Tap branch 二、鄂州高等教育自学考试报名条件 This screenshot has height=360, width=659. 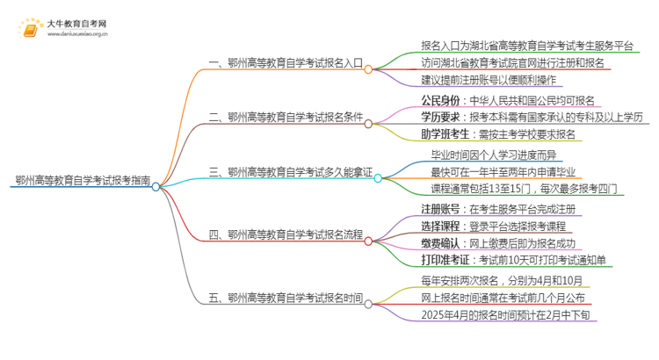pyautogui.click(x=288, y=116)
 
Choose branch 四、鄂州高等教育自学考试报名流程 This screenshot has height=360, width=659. pyautogui.click(x=288, y=234)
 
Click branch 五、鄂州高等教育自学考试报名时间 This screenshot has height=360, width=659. pyautogui.click(x=288, y=297)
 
